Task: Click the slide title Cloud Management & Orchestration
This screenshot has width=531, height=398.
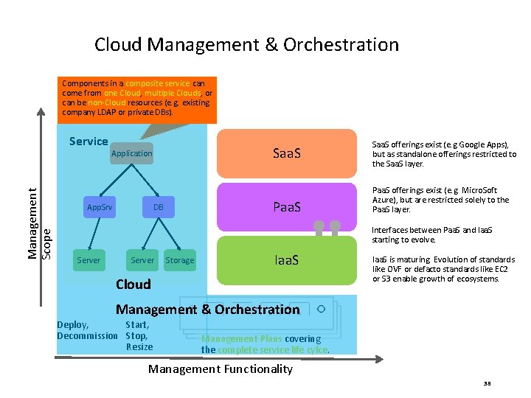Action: (x=246, y=45)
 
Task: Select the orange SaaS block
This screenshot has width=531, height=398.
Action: (x=286, y=153)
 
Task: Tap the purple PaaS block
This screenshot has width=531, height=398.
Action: (x=286, y=207)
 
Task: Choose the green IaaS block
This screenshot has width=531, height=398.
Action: (x=286, y=260)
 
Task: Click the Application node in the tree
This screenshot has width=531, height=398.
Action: (x=131, y=153)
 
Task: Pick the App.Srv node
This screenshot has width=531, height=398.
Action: (x=99, y=207)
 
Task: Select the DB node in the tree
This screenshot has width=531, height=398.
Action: (x=159, y=207)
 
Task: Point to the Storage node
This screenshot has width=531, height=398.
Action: (x=180, y=260)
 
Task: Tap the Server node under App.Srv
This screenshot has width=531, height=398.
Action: (x=88, y=260)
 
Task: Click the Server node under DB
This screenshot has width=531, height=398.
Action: (x=142, y=260)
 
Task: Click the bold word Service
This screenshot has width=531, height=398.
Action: (x=88, y=142)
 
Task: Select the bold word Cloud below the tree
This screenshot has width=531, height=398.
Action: (x=133, y=284)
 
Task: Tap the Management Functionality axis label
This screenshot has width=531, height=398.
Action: (x=221, y=369)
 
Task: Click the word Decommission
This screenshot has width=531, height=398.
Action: (x=87, y=336)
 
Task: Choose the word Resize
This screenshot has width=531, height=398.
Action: (x=139, y=346)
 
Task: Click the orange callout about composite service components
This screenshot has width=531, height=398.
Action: (x=139, y=98)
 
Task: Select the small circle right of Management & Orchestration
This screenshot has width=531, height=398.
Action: (x=321, y=309)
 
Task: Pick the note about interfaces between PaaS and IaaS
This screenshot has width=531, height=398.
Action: (x=432, y=235)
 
